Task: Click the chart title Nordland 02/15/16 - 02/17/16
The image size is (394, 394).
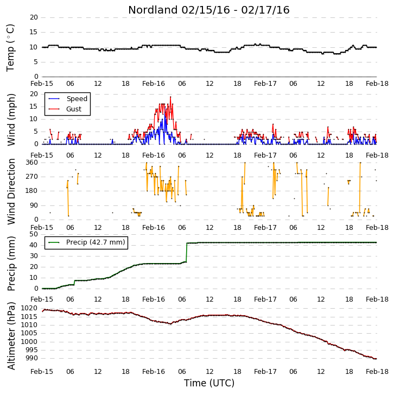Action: pyautogui.click(x=209, y=10)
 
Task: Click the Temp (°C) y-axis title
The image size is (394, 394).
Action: pyautogui.click(x=10, y=48)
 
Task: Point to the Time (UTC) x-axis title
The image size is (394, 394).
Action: pyautogui.click(x=209, y=383)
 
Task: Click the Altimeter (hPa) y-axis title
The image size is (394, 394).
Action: pyautogui.click(x=11, y=336)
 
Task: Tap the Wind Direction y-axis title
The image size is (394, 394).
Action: pyautogui.click(x=11, y=191)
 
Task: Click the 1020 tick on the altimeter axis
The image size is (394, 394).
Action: pyautogui.click(x=29, y=308)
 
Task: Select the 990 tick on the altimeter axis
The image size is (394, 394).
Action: pyautogui.click(x=31, y=358)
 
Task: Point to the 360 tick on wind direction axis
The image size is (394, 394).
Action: pyautogui.click(x=31, y=162)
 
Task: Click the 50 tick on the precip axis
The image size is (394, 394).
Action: pyautogui.click(x=34, y=234)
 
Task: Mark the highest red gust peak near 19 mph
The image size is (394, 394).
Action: pyautogui.click(x=170, y=97)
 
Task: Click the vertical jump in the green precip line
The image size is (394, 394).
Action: pyautogui.click(x=187, y=252)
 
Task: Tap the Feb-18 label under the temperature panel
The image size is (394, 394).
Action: pyautogui.click(x=377, y=84)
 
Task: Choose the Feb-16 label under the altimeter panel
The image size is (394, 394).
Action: pyautogui.click(x=154, y=372)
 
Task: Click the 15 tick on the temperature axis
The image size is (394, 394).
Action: pyautogui.click(x=34, y=32)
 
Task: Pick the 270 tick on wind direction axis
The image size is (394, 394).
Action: pyautogui.click(x=31, y=177)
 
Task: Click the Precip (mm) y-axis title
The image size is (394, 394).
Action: pyautogui.click(x=11, y=264)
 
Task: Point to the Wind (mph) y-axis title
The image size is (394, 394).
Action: pyautogui.click(x=11, y=120)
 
